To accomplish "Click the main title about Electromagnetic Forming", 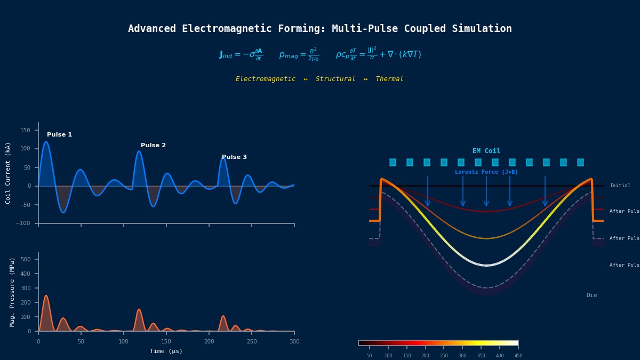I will pos(320,29).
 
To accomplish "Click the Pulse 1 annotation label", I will pos(59,135).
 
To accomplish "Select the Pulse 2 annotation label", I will pos(153,146).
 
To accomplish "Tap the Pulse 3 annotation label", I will pos(234,157).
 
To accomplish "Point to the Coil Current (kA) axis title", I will pos(8,173).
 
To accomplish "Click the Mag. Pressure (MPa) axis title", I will pos(12,292).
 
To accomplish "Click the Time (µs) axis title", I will pos(166,351).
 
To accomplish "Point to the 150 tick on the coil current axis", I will pos(26,130).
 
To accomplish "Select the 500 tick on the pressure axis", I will pos(26,260).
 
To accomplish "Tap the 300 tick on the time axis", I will pos(294,341).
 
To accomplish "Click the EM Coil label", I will pos(486,151).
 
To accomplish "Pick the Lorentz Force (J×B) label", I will pos(486,172).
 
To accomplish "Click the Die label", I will pos(591,295).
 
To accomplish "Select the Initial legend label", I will pos(620,186).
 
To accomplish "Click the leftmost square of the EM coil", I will pos(393,162).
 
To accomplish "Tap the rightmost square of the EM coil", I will pos(580,162).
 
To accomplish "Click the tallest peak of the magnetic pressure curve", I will pos(46,295).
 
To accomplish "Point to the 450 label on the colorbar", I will pos(518,356).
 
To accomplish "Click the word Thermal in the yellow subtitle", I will pos(389,79).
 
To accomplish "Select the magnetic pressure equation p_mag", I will pos(299,54).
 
